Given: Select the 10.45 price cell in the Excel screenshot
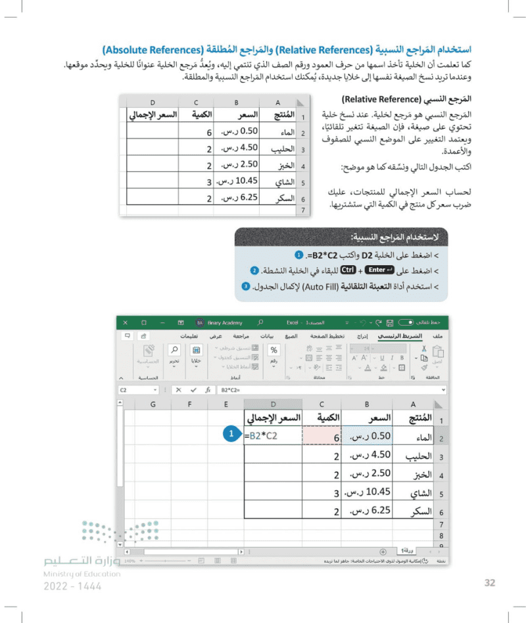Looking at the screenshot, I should click(x=366, y=494).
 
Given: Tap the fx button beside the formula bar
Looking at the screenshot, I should click(x=208, y=390).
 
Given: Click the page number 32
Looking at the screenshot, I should click(x=489, y=582).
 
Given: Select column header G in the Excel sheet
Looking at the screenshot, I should click(x=153, y=404).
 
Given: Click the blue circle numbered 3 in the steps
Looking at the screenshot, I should click(x=245, y=286).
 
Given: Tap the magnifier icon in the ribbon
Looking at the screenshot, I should click(x=174, y=350).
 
